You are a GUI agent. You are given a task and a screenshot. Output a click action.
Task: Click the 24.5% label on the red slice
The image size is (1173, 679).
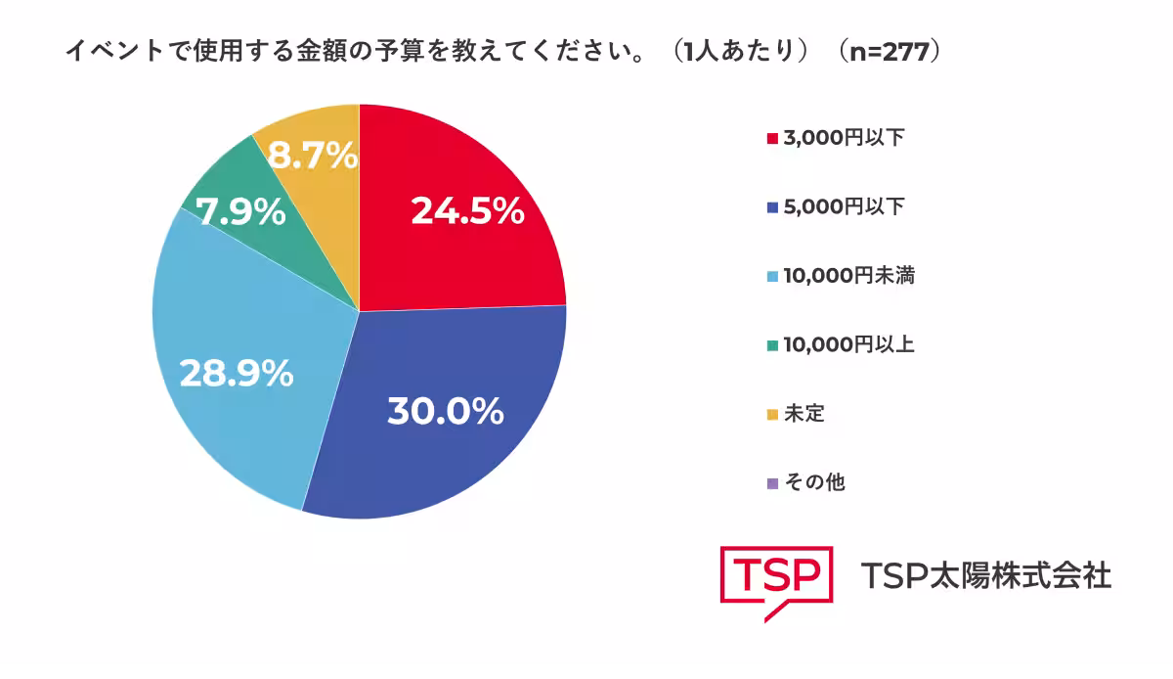click(x=467, y=211)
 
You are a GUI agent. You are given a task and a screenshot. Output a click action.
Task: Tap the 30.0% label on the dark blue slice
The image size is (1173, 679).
click(x=445, y=412)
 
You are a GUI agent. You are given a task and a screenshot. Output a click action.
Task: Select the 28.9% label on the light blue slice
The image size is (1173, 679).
click(x=236, y=373)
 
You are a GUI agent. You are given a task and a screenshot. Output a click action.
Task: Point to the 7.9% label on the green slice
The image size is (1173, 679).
click(x=241, y=212)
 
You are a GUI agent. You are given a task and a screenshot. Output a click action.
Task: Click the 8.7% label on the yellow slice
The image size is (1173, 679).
click(x=313, y=156)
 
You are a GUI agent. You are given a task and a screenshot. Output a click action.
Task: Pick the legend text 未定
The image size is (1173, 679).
click(x=804, y=414)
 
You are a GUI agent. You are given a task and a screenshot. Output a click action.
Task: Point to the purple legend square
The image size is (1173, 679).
click(x=772, y=483)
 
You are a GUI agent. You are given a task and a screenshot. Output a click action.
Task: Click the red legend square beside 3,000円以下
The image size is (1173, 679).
click(x=772, y=139)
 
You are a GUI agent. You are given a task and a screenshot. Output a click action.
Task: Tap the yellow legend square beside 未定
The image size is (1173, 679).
click(x=772, y=415)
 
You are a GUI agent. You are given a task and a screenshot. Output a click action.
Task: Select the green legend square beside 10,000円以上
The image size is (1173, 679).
click(x=772, y=345)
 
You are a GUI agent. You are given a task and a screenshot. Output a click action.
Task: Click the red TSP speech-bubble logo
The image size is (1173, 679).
click(x=777, y=579)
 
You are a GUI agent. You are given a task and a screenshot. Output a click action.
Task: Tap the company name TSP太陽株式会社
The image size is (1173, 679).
click(x=986, y=575)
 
